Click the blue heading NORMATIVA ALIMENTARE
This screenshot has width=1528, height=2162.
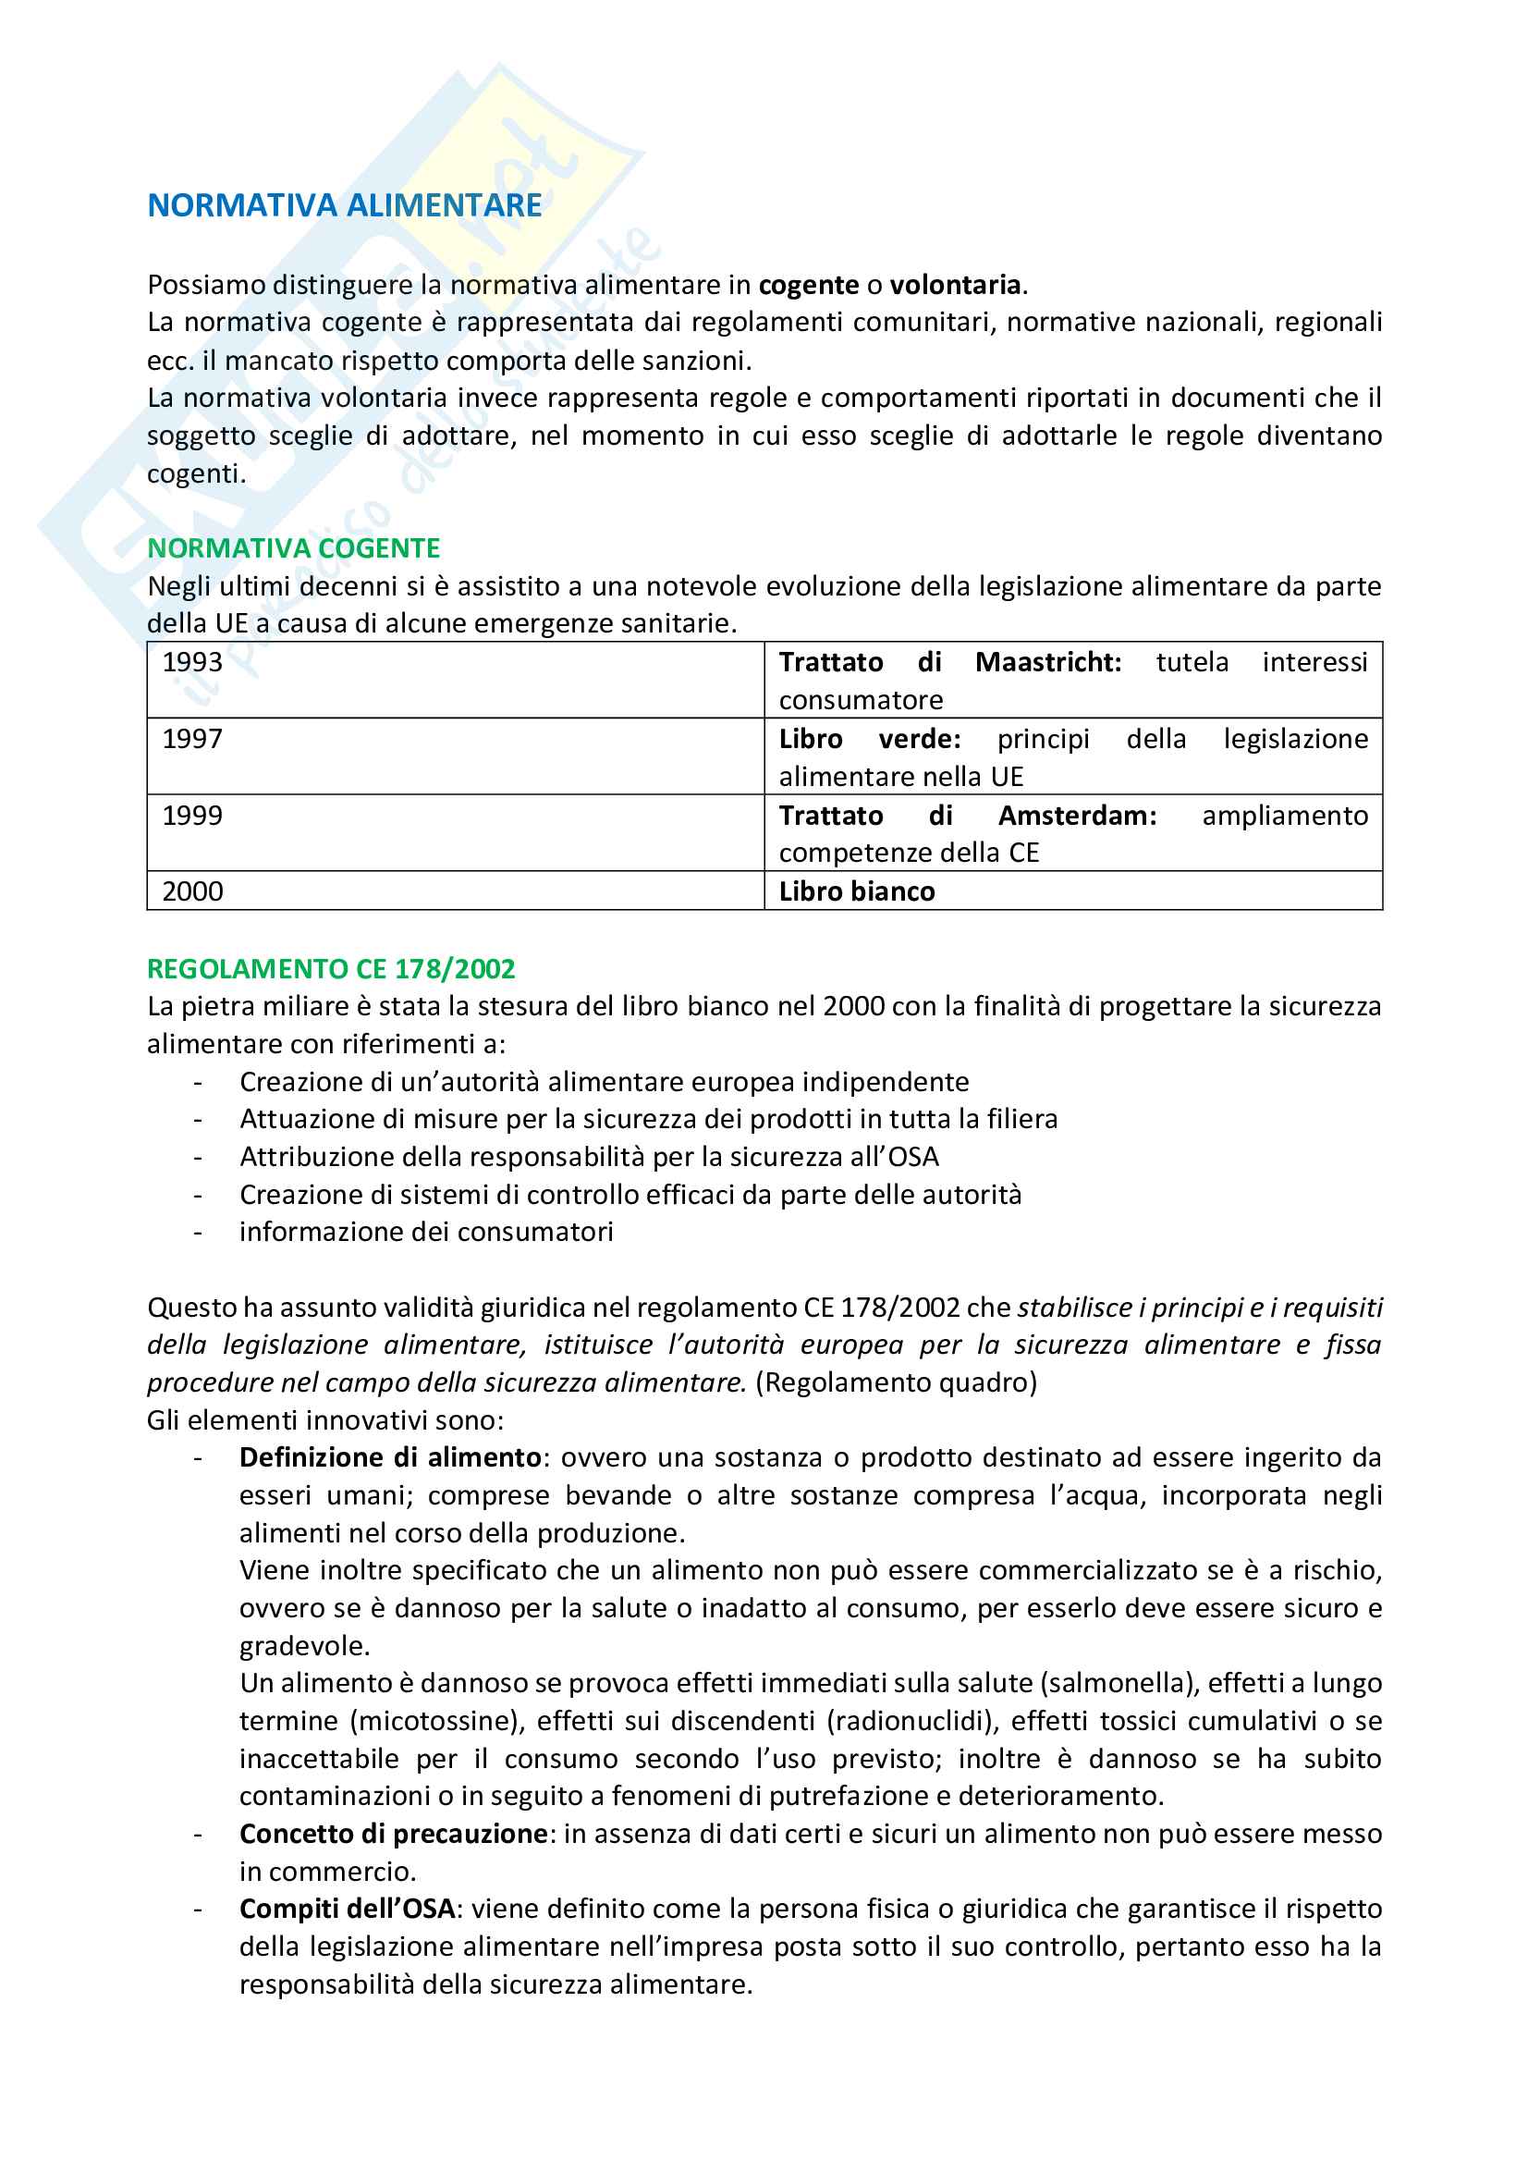click(x=345, y=205)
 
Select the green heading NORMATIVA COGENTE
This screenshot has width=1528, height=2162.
click(x=294, y=548)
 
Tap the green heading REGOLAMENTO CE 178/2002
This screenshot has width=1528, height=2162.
click(x=332, y=969)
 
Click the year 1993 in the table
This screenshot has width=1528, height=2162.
click(x=192, y=663)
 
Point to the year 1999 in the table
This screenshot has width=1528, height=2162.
click(x=192, y=816)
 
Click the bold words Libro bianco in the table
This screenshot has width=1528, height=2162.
click(x=857, y=891)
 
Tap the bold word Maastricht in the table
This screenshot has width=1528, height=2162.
click(x=1047, y=663)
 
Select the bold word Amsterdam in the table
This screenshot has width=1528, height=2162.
click(x=1077, y=816)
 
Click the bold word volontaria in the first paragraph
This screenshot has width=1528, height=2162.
click(x=956, y=285)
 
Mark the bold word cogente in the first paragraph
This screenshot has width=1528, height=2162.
click(x=809, y=285)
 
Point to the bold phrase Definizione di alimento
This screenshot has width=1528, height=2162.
click(x=390, y=1457)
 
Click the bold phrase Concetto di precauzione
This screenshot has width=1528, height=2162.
click(x=394, y=1835)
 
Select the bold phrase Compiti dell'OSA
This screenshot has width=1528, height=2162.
click(x=348, y=1909)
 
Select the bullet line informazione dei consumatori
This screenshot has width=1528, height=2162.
click(x=425, y=1232)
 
